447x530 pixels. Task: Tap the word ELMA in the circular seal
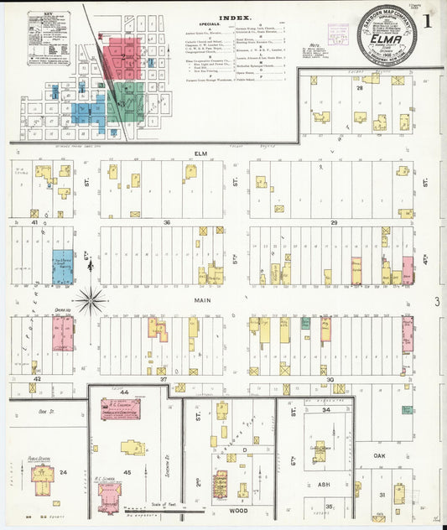coord(391,37)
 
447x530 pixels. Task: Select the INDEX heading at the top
coord(234,18)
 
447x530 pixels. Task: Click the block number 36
coord(167,222)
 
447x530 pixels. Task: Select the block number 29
coord(334,222)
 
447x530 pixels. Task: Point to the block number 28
coord(358,86)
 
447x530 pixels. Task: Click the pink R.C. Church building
coord(122,409)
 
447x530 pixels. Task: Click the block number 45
coord(127,472)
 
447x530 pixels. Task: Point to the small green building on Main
coord(305,323)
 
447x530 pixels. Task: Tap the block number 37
coord(164,379)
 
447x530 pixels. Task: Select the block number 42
coord(36,379)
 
